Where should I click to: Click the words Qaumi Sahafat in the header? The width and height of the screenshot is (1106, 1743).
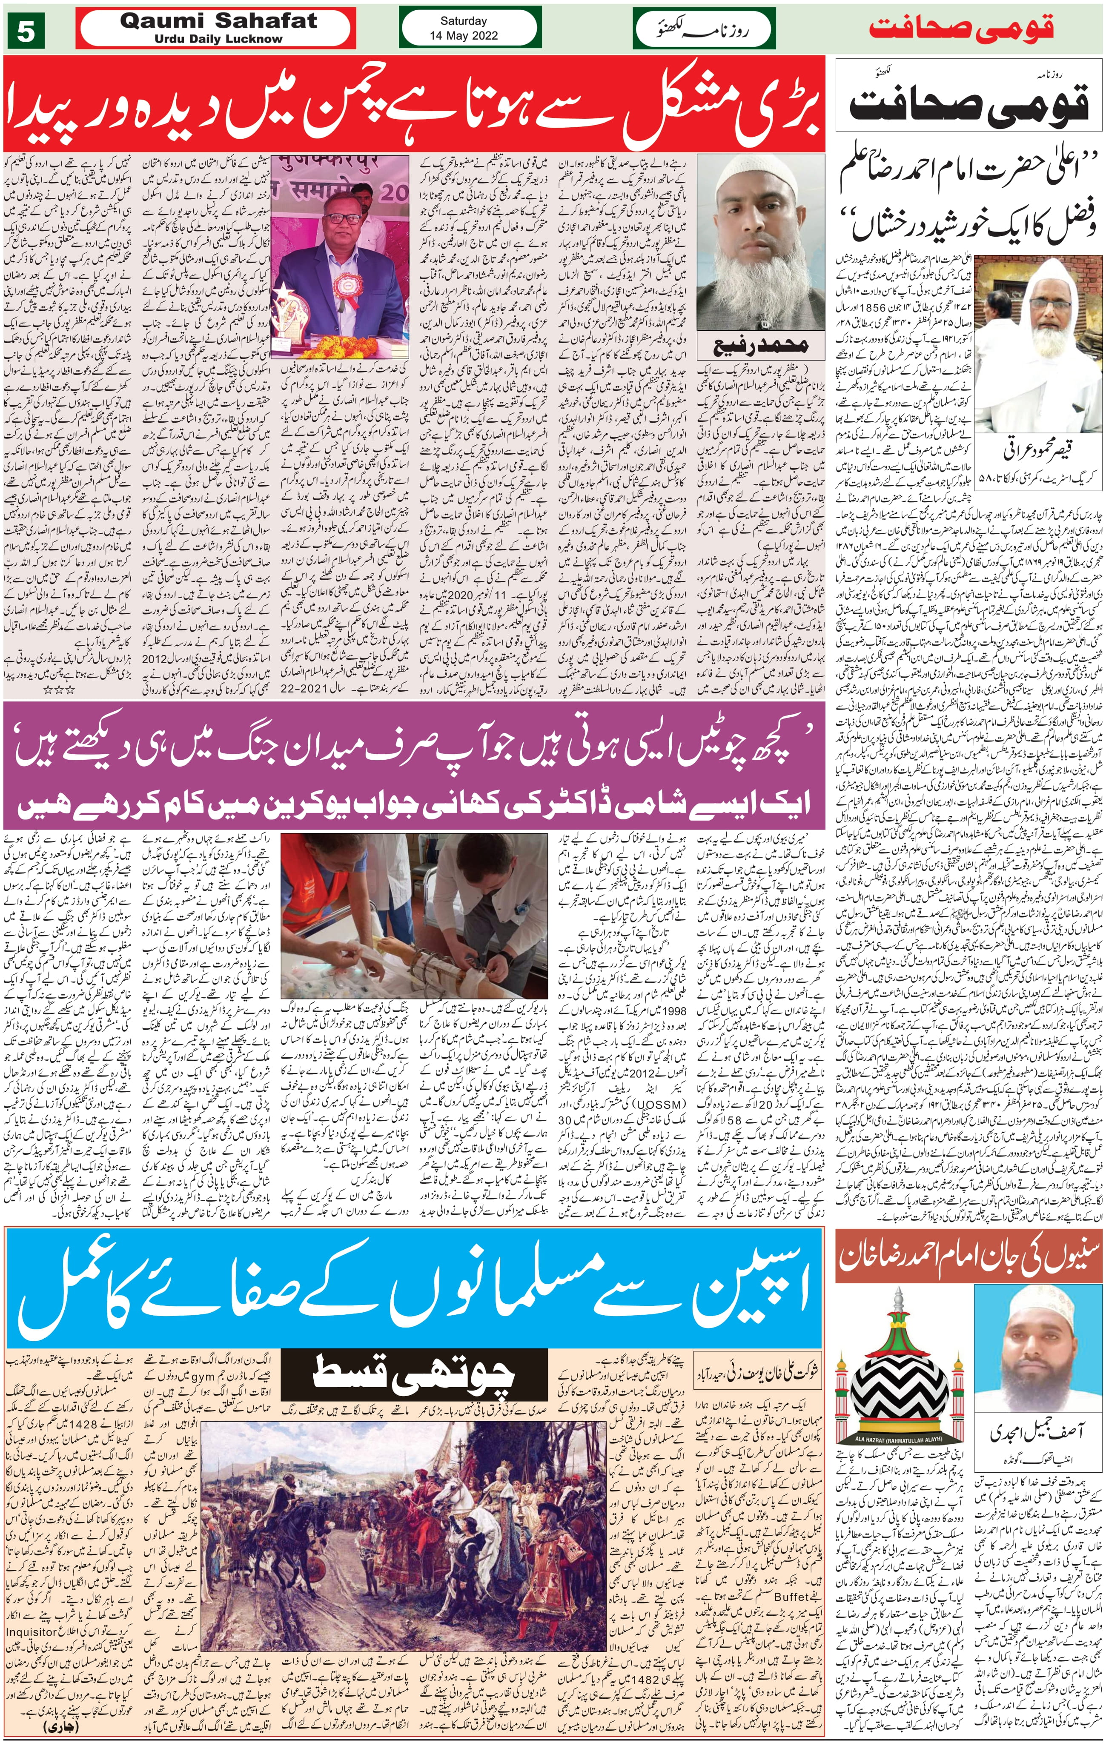pos(218,21)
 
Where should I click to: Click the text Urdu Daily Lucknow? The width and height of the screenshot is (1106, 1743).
pos(218,38)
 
